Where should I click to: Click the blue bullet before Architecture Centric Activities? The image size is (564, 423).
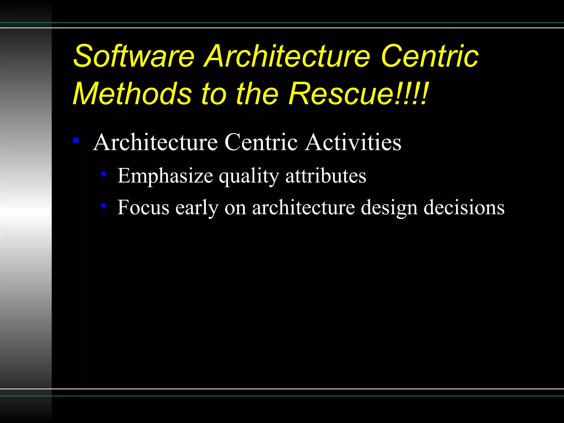pos(76,141)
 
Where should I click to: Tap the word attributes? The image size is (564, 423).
pos(326,176)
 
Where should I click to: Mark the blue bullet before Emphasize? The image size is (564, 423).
pos(104,174)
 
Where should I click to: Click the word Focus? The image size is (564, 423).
pos(143,207)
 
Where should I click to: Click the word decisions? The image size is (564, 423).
pos(464,207)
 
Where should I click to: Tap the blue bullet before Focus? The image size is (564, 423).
pos(104,205)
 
